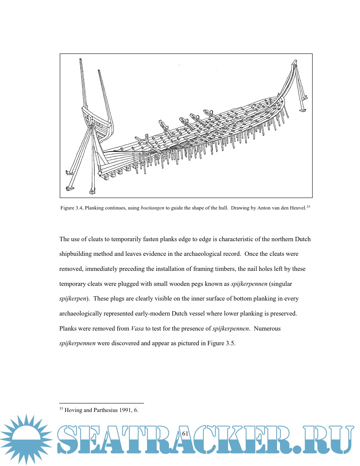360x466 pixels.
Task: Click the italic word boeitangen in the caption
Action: (152, 208)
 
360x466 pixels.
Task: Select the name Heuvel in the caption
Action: (298, 208)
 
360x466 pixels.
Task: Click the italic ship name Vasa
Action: (137, 329)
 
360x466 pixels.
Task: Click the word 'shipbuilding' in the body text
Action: (75, 254)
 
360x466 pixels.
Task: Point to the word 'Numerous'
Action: (267, 329)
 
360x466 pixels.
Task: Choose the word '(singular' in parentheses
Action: (281, 284)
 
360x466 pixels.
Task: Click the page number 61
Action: (185, 434)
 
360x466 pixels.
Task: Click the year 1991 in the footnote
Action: (126, 410)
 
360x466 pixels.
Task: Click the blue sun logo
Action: (26, 439)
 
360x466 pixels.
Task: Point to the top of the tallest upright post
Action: (81, 60)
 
